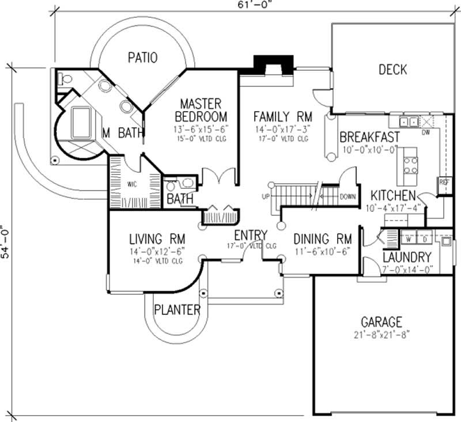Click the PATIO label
coord(143,58)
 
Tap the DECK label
coord(393,70)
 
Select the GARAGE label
coord(381,322)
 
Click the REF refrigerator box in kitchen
coord(444,183)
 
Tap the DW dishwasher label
coord(426,132)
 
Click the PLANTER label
coord(177,310)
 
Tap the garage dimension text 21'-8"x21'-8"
coord(381,334)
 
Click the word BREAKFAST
coord(369,137)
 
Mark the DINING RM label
coord(323,238)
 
